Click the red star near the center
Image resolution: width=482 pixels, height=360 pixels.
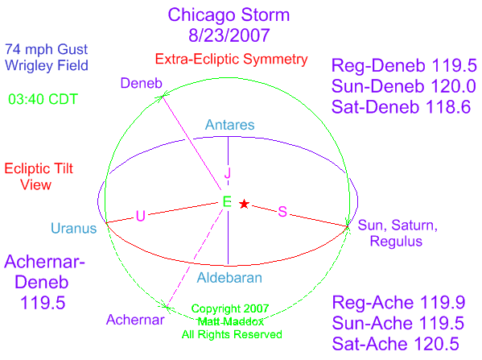(244, 204)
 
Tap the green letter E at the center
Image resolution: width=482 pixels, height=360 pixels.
(227, 202)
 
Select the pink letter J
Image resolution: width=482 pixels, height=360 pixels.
(228, 173)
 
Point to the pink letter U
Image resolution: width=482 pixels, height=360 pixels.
(141, 216)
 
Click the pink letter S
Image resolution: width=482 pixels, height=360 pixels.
(282, 212)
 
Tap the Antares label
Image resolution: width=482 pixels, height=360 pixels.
(230, 125)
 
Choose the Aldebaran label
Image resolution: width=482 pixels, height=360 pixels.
(229, 278)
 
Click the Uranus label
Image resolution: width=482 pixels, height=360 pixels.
(74, 228)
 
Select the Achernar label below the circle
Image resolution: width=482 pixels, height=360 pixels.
(135, 320)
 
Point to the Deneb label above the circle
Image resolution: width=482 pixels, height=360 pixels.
(142, 83)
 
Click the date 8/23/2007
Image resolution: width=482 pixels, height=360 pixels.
(229, 35)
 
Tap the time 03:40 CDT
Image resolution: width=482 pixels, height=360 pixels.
(43, 99)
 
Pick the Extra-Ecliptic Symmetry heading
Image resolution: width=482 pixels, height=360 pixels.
(231, 59)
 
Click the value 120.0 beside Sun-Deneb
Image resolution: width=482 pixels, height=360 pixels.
(453, 86)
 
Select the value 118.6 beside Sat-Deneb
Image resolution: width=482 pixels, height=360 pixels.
(448, 107)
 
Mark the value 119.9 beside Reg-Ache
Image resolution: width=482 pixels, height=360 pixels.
(443, 303)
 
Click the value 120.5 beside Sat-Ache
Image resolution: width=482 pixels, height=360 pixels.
(436, 344)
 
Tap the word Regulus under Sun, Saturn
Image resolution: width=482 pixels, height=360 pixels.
(396, 242)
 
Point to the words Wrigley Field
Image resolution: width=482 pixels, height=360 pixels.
(47, 65)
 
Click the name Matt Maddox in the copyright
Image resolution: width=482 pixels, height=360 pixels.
(231, 322)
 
